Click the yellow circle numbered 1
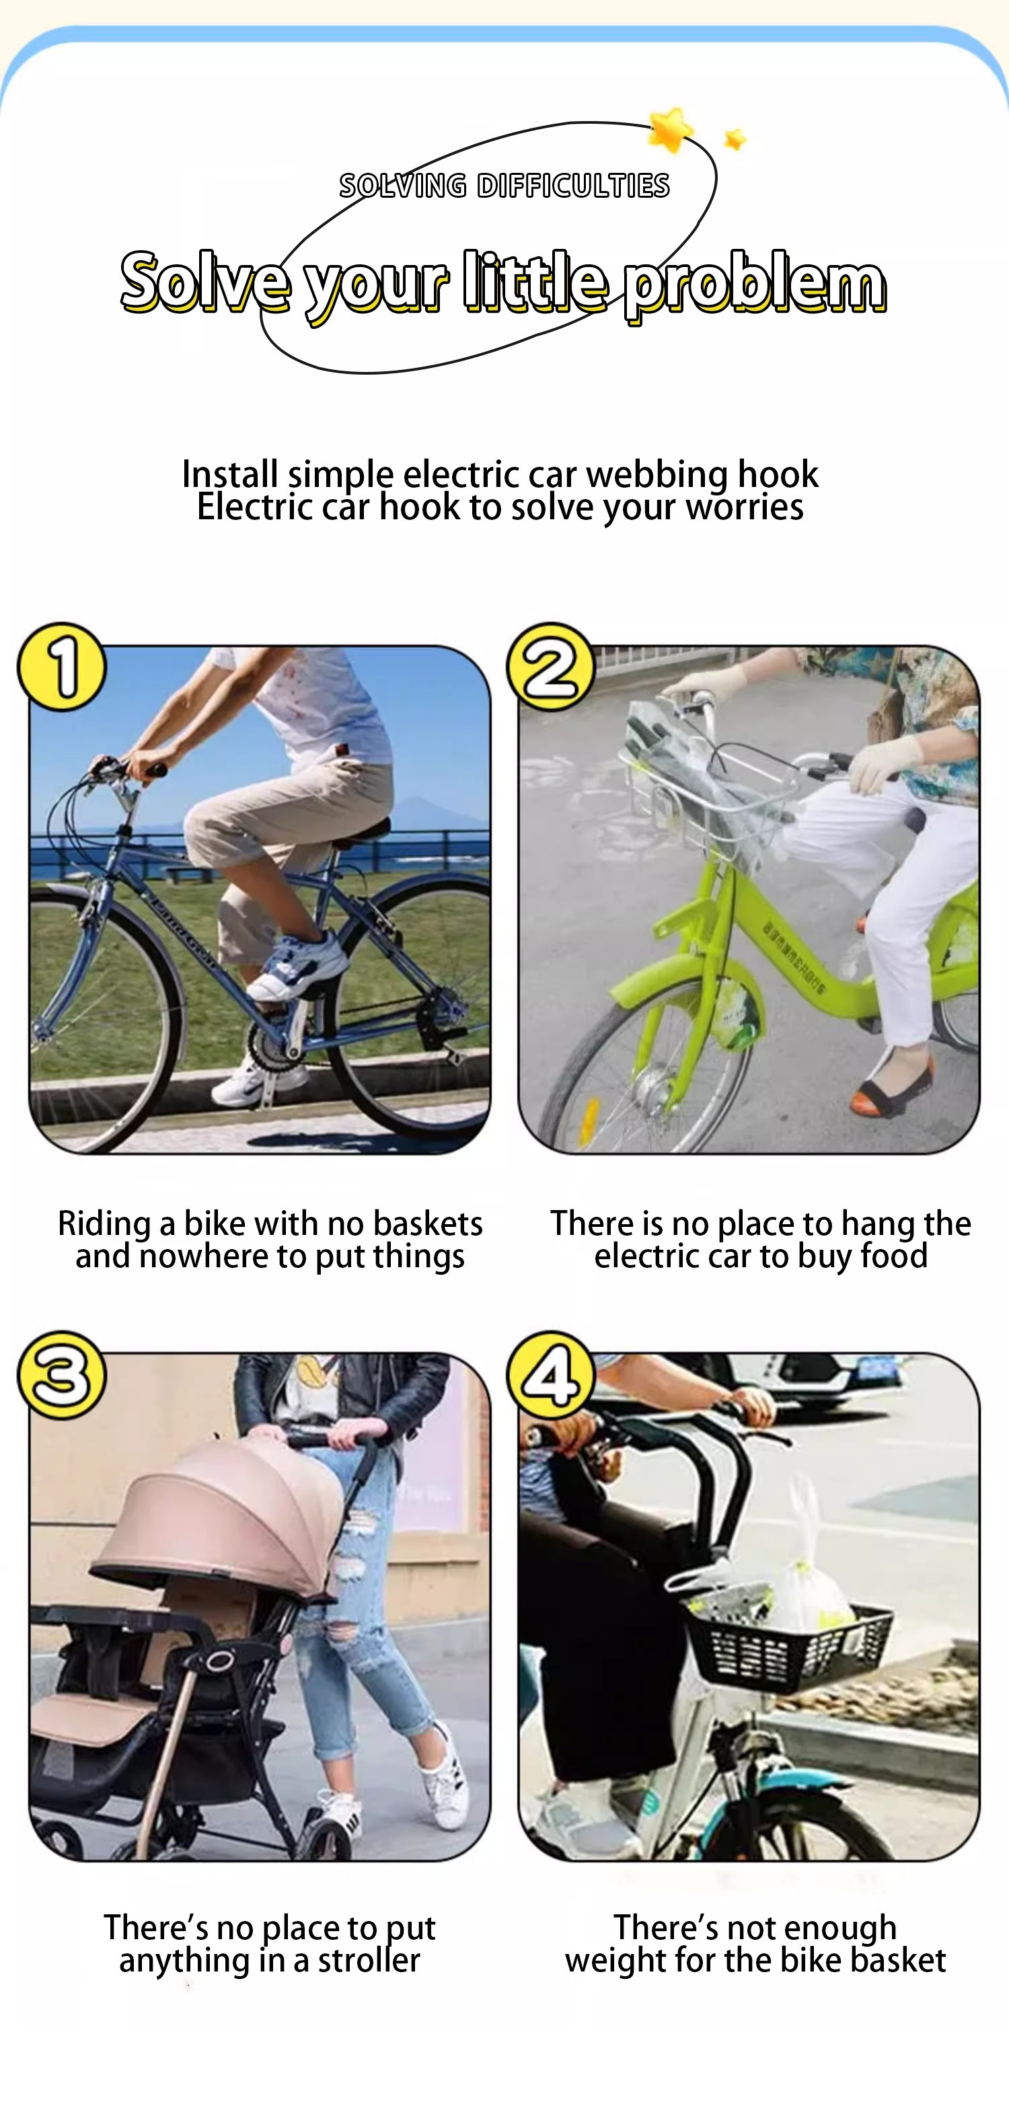pyautogui.click(x=62, y=667)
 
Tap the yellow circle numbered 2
pyautogui.click(x=552, y=667)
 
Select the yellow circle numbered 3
pyautogui.click(x=62, y=1376)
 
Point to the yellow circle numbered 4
pyautogui.click(x=552, y=1376)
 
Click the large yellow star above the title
pyautogui.click(x=671, y=129)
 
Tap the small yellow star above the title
pyautogui.click(x=735, y=139)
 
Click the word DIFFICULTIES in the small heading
pyautogui.click(x=574, y=186)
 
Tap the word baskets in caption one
pyautogui.click(x=427, y=1223)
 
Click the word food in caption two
pyautogui.click(x=894, y=1255)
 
